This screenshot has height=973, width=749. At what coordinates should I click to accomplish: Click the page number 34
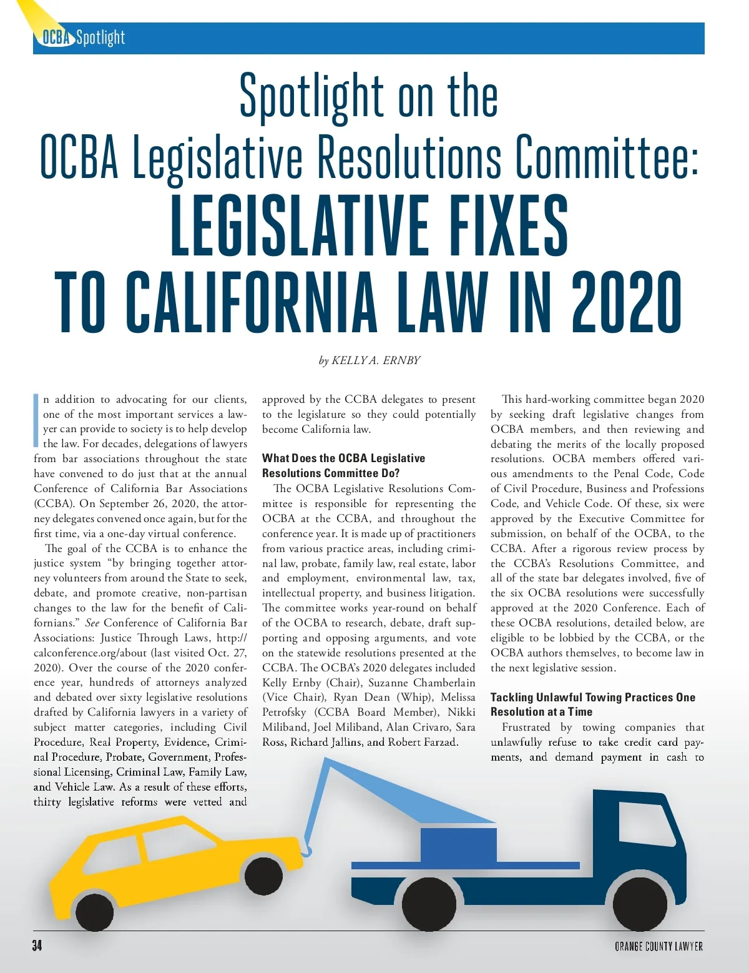pos(37,946)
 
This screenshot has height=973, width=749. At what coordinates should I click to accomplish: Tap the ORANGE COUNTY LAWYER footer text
pos(658,946)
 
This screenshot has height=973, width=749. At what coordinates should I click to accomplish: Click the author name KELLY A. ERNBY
pos(376,360)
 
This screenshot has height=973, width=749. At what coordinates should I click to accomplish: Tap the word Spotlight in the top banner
pos(100,38)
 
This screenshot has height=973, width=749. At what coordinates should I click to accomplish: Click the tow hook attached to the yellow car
pos(306,850)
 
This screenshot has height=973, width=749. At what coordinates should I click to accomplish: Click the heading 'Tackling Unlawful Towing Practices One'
pos(592,697)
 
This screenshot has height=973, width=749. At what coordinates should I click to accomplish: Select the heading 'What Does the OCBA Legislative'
pos(343,458)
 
